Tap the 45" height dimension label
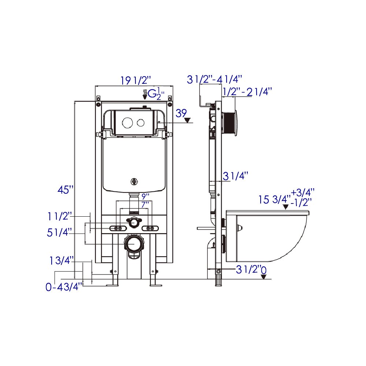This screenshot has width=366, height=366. (x=66, y=190)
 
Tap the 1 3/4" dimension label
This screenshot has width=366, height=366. (x=62, y=260)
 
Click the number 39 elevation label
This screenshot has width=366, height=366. (x=181, y=113)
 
